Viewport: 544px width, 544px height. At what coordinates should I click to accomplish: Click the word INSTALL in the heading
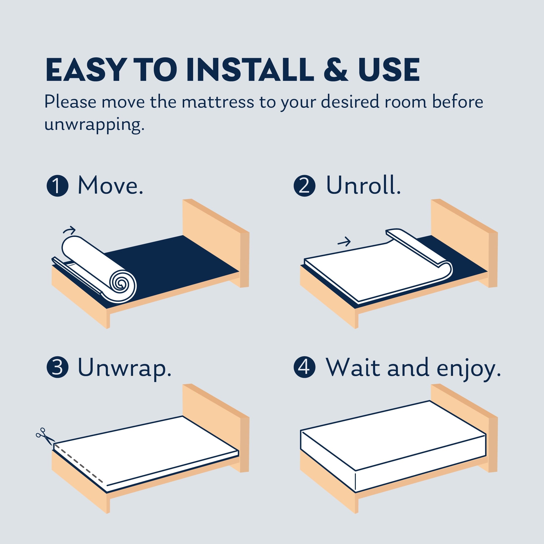click(x=250, y=69)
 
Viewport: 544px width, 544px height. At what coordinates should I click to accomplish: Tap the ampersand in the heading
click(x=336, y=69)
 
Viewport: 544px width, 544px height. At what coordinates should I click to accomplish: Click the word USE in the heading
click(x=389, y=69)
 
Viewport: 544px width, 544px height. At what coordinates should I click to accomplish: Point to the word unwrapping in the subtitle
click(x=94, y=125)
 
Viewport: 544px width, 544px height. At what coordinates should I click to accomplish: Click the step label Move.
click(x=110, y=185)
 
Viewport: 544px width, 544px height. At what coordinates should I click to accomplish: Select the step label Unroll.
click(x=363, y=185)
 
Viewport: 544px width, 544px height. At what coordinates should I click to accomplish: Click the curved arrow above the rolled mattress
click(x=69, y=230)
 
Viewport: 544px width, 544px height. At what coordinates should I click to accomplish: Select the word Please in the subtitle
click(x=70, y=102)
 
